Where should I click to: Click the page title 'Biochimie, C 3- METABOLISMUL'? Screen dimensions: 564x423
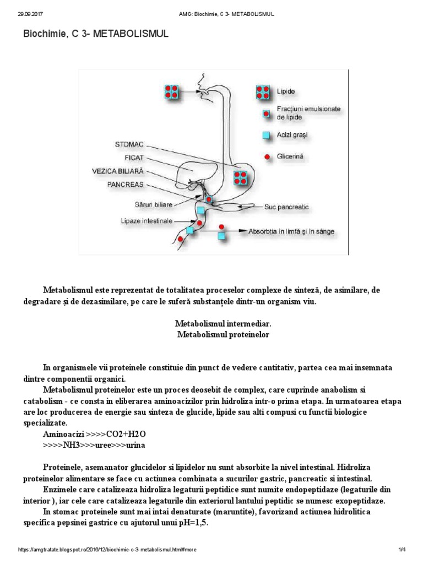coord(95,34)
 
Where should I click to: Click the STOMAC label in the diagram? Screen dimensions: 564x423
coord(129,145)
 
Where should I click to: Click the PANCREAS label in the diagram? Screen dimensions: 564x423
coord(125,184)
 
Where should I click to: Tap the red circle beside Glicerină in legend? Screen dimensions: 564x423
coord(267,157)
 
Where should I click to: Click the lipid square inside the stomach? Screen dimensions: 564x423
coord(240,177)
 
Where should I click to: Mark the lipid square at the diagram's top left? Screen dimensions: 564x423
coord(173,91)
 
